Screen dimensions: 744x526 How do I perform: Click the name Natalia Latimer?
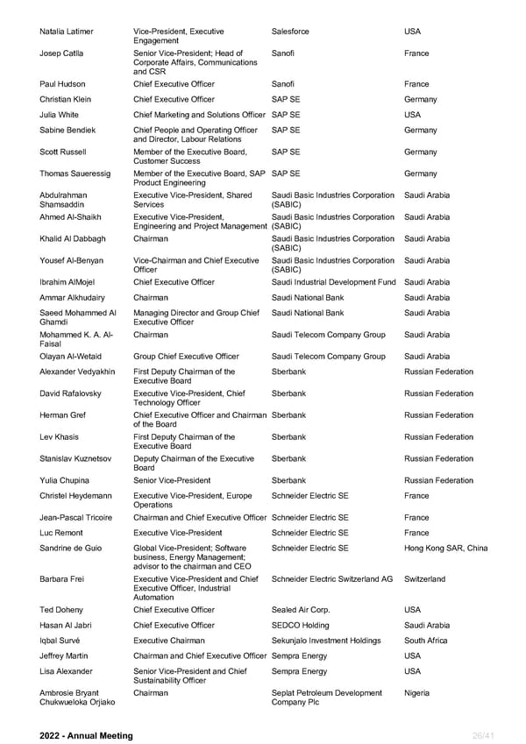[x=67, y=32]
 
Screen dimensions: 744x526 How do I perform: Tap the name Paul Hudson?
[x=62, y=84]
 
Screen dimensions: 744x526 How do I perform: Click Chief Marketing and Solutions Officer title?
[x=199, y=115]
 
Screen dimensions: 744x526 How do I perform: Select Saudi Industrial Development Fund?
[x=334, y=282]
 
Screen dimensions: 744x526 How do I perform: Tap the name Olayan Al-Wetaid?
[x=71, y=357]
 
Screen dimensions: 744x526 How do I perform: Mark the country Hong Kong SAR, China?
[x=446, y=549]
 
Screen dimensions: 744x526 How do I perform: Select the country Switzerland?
[x=424, y=579]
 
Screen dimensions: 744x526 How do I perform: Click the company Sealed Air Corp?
[x=301, y=610]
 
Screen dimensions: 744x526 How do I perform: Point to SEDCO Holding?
[x=301, y=625]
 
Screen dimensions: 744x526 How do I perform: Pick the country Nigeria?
[x=417, y=692]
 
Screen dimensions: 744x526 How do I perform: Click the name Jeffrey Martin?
[x=64, y=655]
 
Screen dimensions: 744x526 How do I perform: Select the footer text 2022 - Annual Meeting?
[x=87, y=735]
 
